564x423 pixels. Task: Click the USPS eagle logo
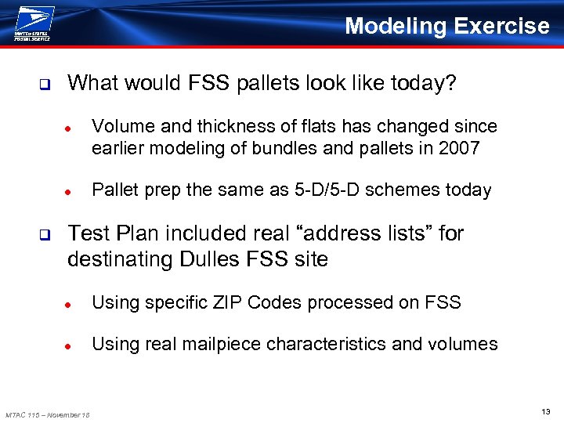click(32, 23)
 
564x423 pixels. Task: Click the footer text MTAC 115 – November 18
click(47, 414)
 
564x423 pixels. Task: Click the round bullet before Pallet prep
click(68, 191)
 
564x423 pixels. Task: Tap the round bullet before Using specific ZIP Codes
click(68, 303)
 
